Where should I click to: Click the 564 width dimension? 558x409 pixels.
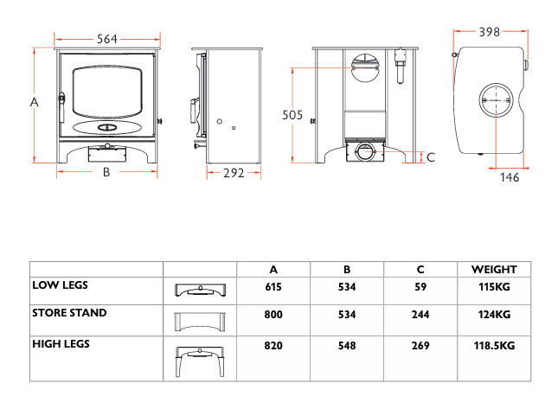click(106, 39)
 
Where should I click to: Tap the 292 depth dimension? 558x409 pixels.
click(234, 173)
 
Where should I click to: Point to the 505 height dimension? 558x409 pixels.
click(292, 115)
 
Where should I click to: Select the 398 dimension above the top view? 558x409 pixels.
click(490, 32)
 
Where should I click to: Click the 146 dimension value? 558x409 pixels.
click(510, 177)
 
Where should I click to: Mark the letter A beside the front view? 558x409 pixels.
click(34, 102)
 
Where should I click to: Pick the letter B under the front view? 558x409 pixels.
click(106, 172)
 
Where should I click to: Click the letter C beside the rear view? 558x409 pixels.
click(431, 157)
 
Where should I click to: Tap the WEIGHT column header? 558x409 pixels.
click(494, 269)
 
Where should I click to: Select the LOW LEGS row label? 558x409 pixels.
click(60, 284)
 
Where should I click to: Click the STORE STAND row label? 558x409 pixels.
click(69, 313)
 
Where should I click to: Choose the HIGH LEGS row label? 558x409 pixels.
click(61, 344)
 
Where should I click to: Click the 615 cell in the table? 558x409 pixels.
click(273, 287)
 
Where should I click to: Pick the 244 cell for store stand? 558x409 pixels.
click(420, 315)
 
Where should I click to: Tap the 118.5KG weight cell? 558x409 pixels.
click(494, 345)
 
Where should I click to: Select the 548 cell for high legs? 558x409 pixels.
click(347, 345)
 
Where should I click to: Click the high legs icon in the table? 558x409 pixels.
click(200, 361)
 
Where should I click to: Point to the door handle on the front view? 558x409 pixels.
click(62, 107)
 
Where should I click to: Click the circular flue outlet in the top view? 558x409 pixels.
click(496, 100)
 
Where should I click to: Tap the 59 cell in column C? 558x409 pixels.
click(420, 287)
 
